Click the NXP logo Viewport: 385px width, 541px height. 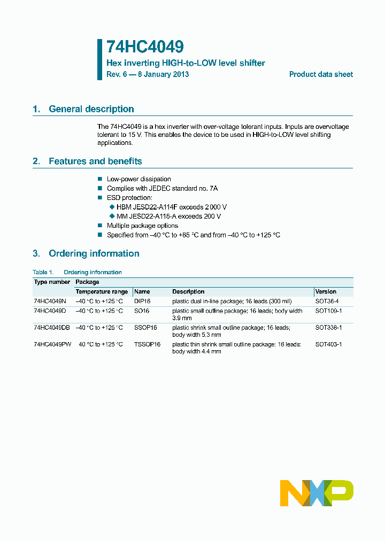click(x=317, y=493)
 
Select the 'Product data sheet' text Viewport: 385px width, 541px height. click(x=321, y=75)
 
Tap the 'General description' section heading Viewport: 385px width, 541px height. click(x=91, y=109)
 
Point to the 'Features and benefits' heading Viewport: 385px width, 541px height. click(x=95, y=161)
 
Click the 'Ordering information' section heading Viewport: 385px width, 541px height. click(x=94, y=253)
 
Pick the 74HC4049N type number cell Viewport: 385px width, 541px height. click(x=50, y=302)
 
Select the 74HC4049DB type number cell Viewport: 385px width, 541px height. click(x=52, y=328)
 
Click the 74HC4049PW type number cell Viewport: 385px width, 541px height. click(x=52, y=344)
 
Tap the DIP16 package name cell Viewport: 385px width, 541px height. click(x=142, y=302)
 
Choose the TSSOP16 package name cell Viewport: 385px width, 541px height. click(x=147, y=344)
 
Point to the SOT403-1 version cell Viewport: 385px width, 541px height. click(x=328, y=344)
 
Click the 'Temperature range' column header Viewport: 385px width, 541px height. click(x=102, y=292)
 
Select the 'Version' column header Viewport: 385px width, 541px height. click(x=326, y=292)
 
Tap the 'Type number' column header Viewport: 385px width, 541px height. click(x=52, y=282)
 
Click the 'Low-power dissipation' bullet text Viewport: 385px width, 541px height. click(x=139, y=179)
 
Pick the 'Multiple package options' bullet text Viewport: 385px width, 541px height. click(x=143, y=226)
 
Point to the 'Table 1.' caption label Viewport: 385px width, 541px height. click(x=43, y=273)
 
